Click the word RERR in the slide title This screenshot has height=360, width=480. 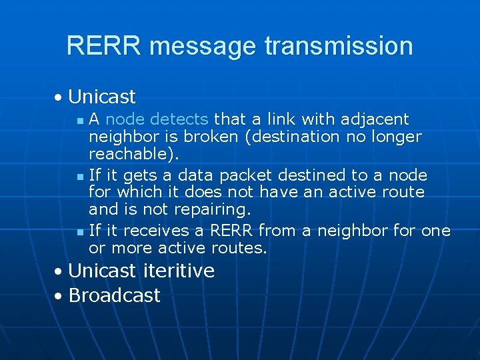coord(104,46)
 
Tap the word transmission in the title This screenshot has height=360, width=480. coord(339,46)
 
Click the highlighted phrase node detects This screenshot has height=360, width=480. coord(157,119)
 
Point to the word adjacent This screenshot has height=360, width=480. coord(375,119)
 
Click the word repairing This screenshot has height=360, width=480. coord(211,209)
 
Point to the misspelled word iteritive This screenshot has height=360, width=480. coord(178,271)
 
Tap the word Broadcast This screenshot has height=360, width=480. coord(114,295)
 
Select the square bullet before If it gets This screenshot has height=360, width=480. coord(80,177)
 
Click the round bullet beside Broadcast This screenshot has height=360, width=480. coord(59,296)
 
